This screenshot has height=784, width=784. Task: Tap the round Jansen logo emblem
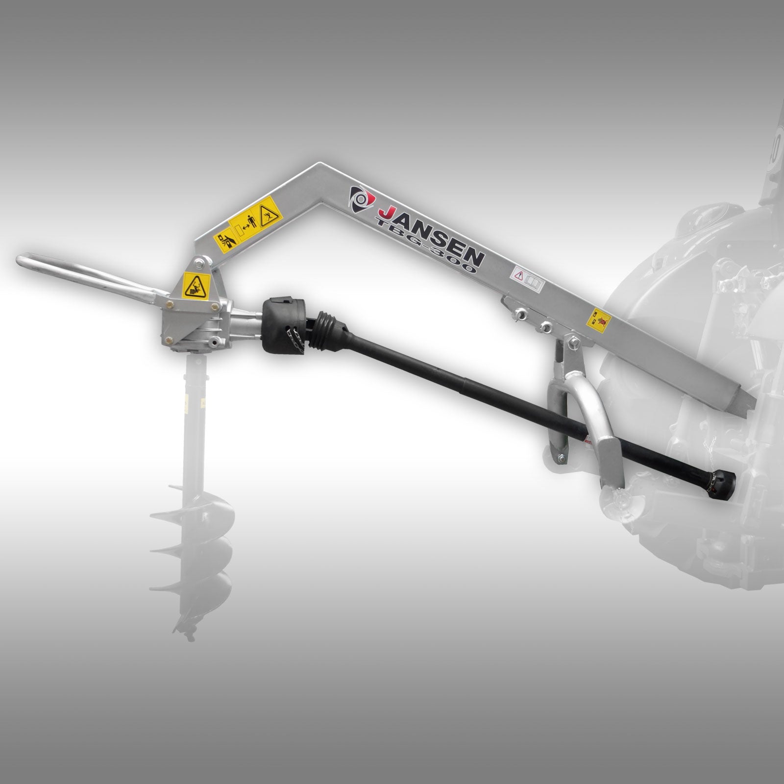(361, 199)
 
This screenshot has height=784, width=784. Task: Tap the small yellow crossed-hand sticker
(599, 319)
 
